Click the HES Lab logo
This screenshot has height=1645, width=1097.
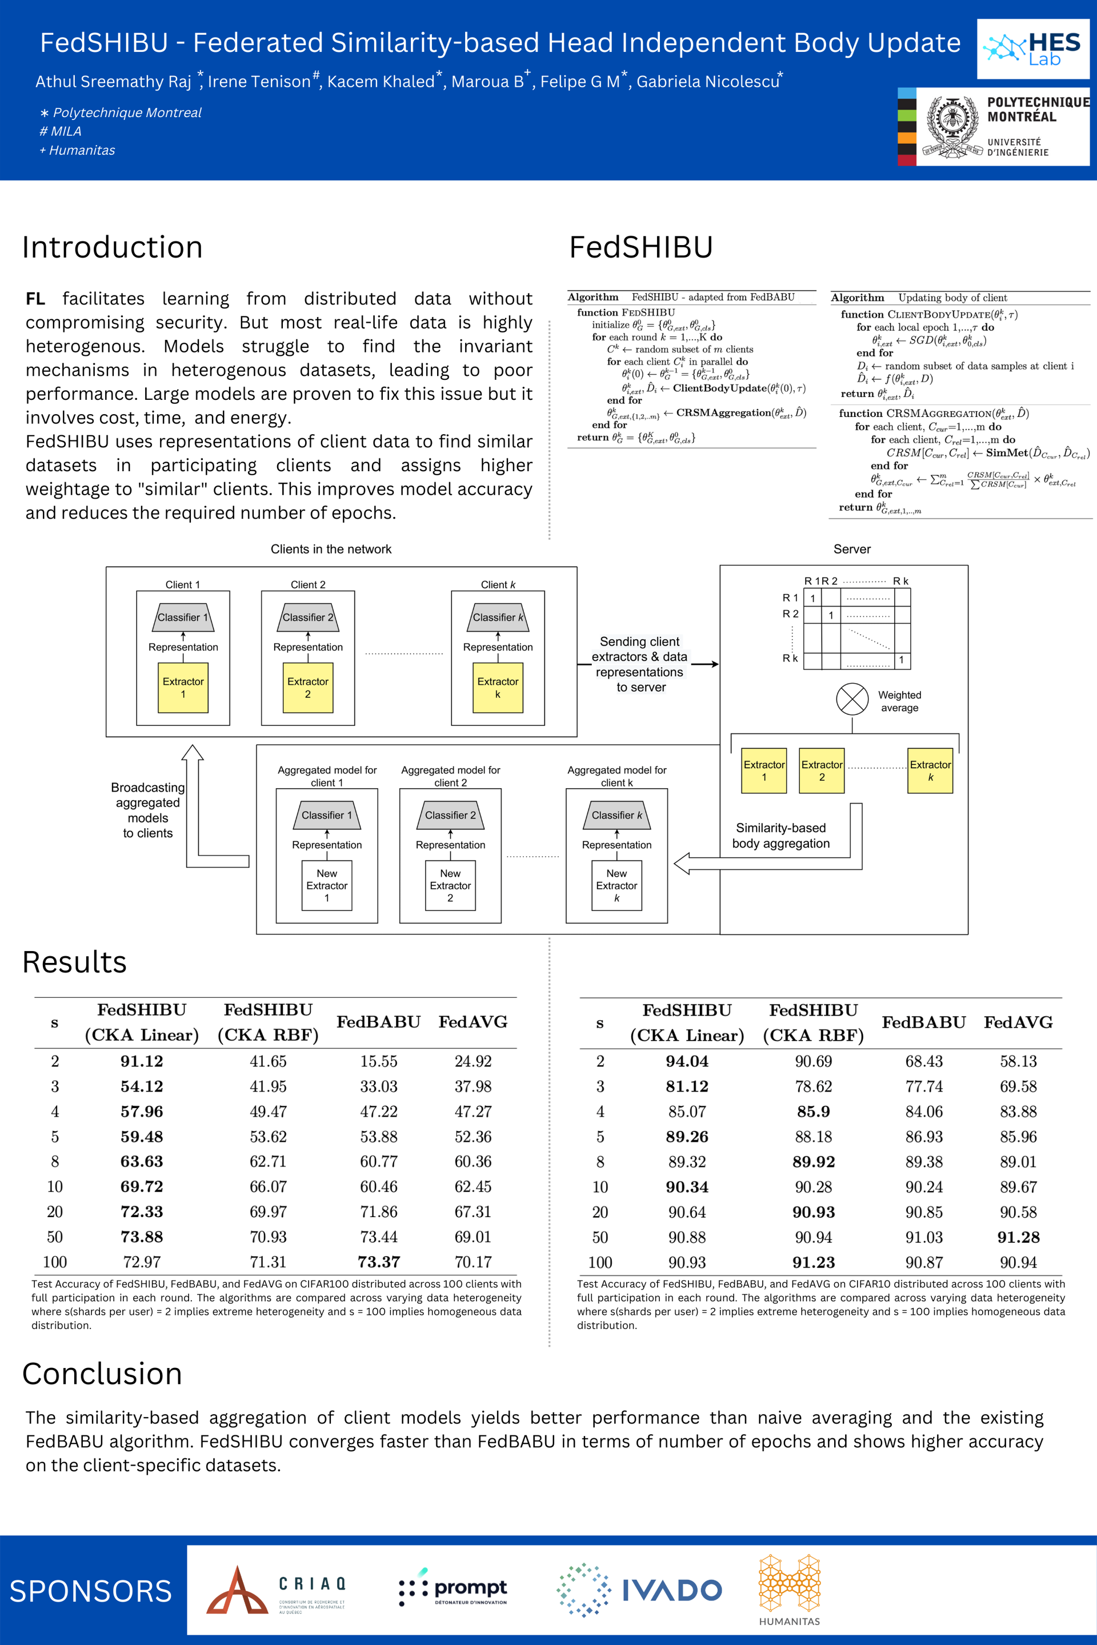point(1032,48)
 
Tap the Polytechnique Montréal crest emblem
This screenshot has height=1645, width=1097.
point(952,127)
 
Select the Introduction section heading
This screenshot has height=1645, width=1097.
point(112,247)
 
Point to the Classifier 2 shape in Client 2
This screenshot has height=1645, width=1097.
point(308,617)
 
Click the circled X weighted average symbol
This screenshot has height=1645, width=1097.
point(851,699)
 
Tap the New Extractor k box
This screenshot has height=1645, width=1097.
point(616,885)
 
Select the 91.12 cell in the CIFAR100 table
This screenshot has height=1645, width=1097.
point(141,1061)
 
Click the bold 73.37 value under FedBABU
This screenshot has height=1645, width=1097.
point(378,1262)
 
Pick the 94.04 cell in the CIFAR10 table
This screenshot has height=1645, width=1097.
point(686,1061)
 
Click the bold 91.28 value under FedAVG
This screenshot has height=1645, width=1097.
point(1018,1237)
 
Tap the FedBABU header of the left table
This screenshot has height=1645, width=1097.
point(378,1022)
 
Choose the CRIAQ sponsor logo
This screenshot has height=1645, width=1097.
point(277,1590)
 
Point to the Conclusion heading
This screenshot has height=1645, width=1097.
point(102,1374)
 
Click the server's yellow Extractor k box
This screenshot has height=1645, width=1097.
point(930,770)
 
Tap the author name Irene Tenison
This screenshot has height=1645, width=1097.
point(259,82)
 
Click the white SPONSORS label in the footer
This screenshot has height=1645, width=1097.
point(90,1591)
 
